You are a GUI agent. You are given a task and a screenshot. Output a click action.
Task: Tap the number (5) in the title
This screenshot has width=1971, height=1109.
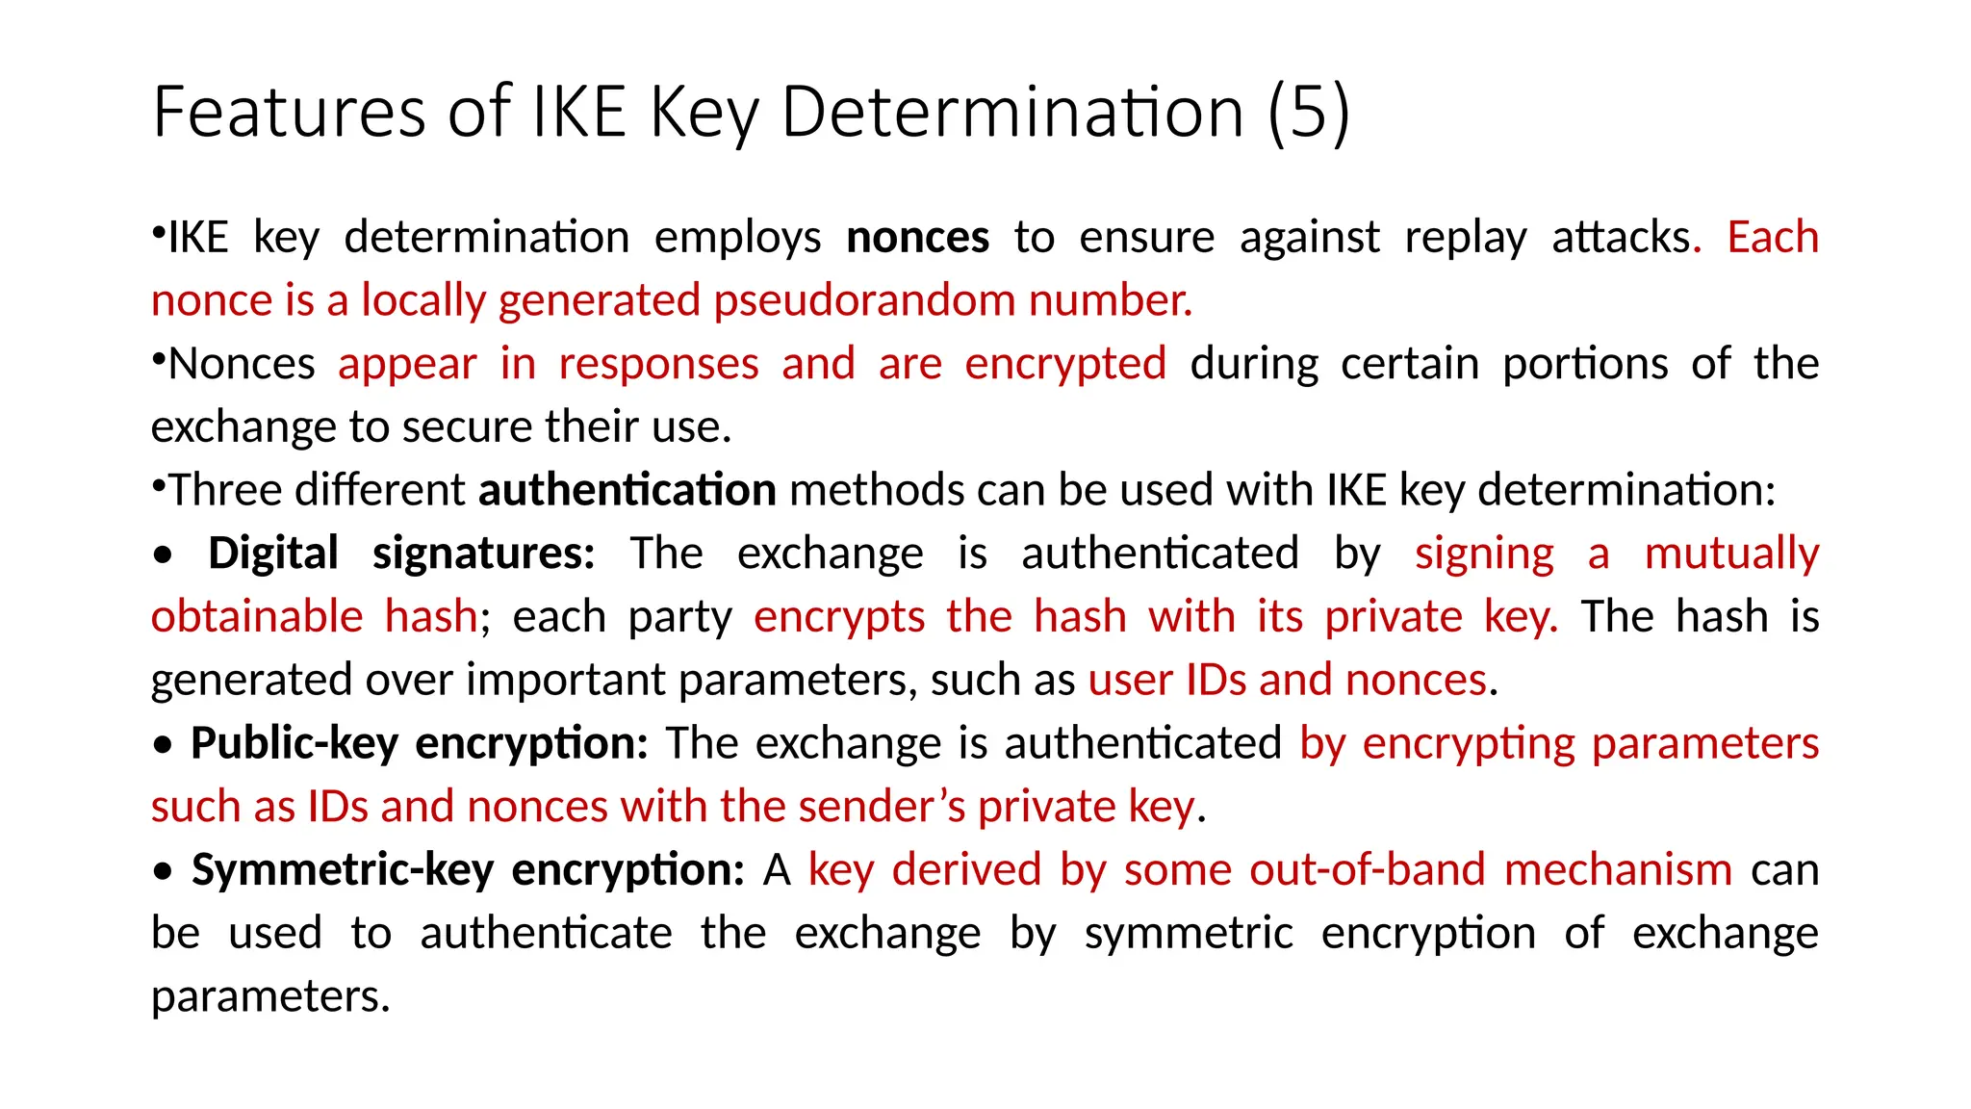tap(1309, 113)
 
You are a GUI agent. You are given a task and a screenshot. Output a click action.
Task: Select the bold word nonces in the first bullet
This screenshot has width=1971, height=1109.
tap(917, 238)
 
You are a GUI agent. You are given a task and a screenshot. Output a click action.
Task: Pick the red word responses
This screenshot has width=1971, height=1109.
tap(658, 364)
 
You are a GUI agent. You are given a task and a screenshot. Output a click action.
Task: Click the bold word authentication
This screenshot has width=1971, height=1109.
tap(627, 490)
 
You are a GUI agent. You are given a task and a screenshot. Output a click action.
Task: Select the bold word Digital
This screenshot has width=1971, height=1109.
tap(273, 554)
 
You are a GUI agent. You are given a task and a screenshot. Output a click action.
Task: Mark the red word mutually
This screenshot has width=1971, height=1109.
tap(1730, 554)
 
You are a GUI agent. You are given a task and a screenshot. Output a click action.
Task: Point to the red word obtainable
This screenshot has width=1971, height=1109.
tap(257, 617)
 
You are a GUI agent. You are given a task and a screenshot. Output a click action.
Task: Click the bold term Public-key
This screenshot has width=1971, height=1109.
tap(294, 743)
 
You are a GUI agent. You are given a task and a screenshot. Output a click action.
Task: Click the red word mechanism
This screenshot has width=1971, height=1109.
tap(1618, 870)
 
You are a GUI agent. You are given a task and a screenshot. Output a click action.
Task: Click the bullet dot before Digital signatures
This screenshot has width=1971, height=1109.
tap(164, 555)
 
